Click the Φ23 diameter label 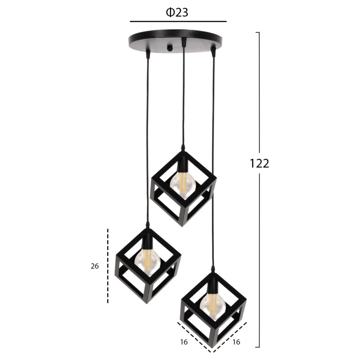pos(177,13)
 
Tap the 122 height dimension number pos(259,163)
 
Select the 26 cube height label pos(94,266)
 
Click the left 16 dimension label pos(184,342)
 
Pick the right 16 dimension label pos(236,342)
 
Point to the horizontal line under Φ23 pos(178,21)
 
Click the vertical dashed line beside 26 pos(108,266)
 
